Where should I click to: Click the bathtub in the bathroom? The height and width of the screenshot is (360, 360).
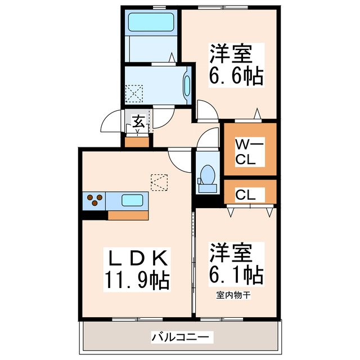150,22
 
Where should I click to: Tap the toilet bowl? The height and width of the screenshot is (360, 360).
208,174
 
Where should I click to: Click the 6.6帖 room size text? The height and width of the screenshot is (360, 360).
236,76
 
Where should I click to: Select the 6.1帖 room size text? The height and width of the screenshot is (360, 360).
236,274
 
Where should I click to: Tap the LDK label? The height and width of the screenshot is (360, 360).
137,259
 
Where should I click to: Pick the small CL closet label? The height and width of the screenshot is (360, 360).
246,195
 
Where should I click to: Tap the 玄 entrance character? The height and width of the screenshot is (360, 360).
138,121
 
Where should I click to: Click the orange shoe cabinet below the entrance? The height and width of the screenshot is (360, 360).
138,141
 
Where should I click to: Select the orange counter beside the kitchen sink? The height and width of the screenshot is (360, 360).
129,214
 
